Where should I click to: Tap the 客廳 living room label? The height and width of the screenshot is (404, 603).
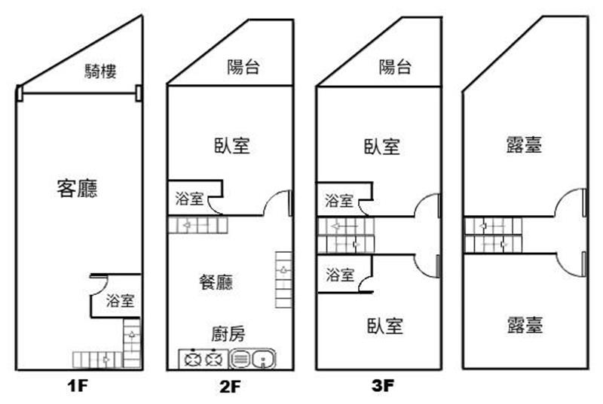pos(78,188)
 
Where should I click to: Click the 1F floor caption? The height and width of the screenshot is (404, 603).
pos(78,387)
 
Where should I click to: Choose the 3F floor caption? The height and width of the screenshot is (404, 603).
pos(384,387)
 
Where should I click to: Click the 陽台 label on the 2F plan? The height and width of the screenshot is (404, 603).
pos(243,67)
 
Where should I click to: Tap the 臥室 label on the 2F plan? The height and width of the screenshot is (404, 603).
pos(232,146)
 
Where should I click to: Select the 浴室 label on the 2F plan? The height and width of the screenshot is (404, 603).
pos(188,199)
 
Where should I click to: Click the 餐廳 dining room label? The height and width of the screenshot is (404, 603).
pos(216,282)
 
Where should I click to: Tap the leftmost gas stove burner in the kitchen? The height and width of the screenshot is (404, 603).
pos(190,360)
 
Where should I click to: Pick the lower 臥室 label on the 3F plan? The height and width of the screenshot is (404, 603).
pos(385,326)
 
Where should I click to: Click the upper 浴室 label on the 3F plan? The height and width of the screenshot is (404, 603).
pos(338,201)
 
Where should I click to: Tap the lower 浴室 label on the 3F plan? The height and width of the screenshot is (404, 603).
pos(338,275)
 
